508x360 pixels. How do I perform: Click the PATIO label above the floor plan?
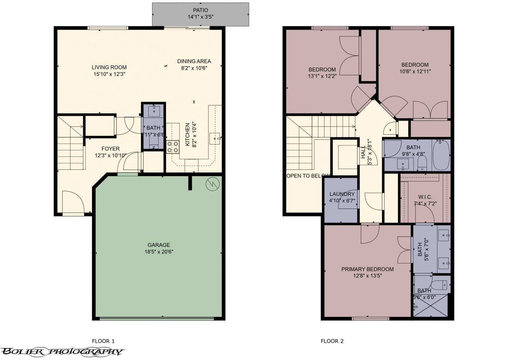(x=200, y=10)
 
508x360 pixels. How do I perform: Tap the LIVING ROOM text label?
(x=109, y=67)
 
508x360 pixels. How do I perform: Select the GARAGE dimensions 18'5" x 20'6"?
(x=159, y=252)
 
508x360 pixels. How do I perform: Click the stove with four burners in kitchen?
(x=172, y=147)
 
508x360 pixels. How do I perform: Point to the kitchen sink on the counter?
(x=215, y=139)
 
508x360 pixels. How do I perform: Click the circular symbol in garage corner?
(x=212, y=184)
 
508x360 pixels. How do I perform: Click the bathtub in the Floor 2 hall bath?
(x=441, y=155)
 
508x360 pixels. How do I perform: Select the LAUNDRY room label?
(x=342, y=194)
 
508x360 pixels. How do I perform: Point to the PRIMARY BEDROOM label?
(x=367, y=269)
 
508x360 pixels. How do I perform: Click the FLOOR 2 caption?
(x=332, y=341)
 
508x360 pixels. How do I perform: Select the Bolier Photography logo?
(x=62, y=351)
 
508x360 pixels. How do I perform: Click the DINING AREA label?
(x=194, y=61)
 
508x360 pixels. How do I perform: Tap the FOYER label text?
(x=110, y=149)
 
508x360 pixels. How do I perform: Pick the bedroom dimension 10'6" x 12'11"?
(x=415, y=71)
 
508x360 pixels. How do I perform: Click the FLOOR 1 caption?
(x=103, y=341)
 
